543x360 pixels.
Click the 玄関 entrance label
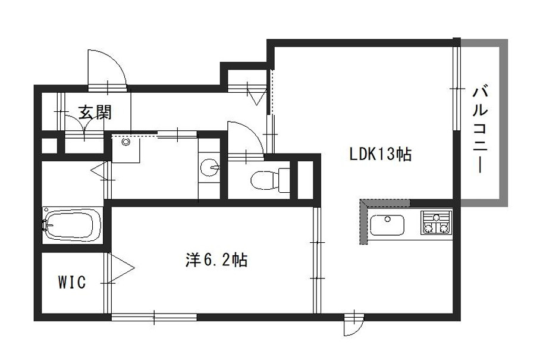[95, 112]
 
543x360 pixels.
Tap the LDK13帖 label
[380, 154]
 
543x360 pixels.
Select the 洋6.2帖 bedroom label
[216, 260]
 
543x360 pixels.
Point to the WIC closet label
[72, 283]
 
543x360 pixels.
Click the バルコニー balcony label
[481, 130]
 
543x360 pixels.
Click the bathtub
[73, 224]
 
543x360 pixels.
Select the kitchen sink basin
[387, 224]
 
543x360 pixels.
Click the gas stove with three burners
[437, 223]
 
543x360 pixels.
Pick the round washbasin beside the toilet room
[209, 168]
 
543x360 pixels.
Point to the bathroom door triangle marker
[98, 170]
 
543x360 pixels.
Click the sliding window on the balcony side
[457, 89]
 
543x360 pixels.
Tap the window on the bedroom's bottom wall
[154, 317]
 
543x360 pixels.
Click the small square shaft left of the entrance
[49, 146]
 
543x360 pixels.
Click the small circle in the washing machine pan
[125, 142]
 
